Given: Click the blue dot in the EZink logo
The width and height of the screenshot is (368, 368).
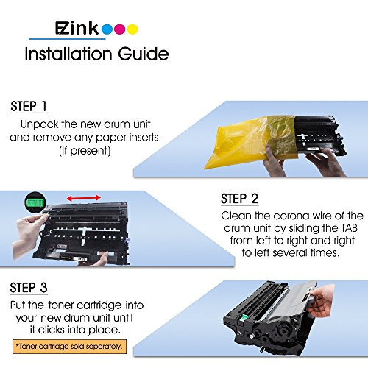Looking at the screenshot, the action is tap(107, 29).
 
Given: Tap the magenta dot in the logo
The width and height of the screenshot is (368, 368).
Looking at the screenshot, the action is tap(120, 29).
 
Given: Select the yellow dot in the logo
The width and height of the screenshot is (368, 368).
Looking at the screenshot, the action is tap(132, 29).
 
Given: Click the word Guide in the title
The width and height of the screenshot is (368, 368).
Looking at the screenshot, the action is tap(144, 54).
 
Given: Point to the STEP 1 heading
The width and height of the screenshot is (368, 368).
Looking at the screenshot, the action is tap(29, 107).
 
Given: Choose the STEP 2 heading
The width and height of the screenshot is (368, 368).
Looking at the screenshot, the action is tap(239, 199).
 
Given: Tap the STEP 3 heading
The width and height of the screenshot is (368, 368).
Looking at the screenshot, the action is tap(29, 288).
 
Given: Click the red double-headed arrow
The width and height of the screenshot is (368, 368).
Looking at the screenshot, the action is tap(84, 198).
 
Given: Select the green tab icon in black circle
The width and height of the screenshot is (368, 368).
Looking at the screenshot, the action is tap(35, 202).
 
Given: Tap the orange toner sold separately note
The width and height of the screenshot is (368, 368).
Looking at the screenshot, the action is tap(69, 347).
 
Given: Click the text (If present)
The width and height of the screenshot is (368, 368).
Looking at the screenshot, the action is tap(85, 151).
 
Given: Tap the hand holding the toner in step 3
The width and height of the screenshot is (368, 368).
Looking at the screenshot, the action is tap(322, 301).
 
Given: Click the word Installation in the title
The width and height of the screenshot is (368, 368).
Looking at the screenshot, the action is tap(68, 54).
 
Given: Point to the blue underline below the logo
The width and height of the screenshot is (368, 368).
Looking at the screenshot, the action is tap(67, 39).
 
